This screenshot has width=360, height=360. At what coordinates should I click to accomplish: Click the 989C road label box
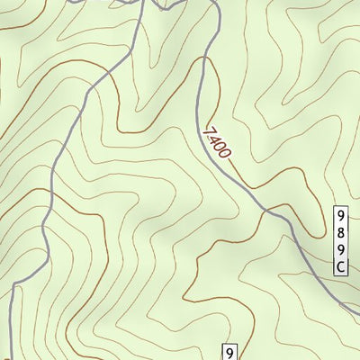(341, 241)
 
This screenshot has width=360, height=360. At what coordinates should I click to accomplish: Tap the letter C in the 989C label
(341, 267)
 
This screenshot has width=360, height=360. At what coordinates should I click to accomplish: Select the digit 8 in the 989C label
(341, 232)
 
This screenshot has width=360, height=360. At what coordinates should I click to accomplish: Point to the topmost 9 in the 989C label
(341, 216)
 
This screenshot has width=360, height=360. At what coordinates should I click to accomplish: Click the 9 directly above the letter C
(341, 249)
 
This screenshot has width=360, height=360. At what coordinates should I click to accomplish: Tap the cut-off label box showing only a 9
(230, 353)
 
